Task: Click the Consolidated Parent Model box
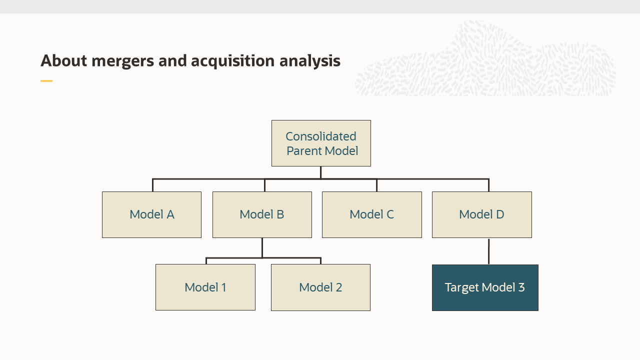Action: [321, 143]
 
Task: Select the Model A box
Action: [151, 214]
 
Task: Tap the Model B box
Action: [262, 214]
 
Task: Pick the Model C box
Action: [371, 214]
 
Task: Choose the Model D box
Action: [481, 214]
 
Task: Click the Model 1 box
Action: [205, 287]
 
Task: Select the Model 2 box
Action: [320, 287]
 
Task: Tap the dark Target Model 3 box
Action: [485, 287]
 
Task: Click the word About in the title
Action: [64, 61]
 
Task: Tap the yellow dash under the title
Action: [46, 80]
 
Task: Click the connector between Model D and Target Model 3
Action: [488, 251]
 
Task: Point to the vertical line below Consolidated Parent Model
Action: [320, 172]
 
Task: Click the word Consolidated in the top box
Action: [321, 136]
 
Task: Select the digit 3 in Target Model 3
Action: [521, 287]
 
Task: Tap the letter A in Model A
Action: [170, 214]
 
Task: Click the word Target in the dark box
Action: [461, 287]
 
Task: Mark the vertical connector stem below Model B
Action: [262, 247]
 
